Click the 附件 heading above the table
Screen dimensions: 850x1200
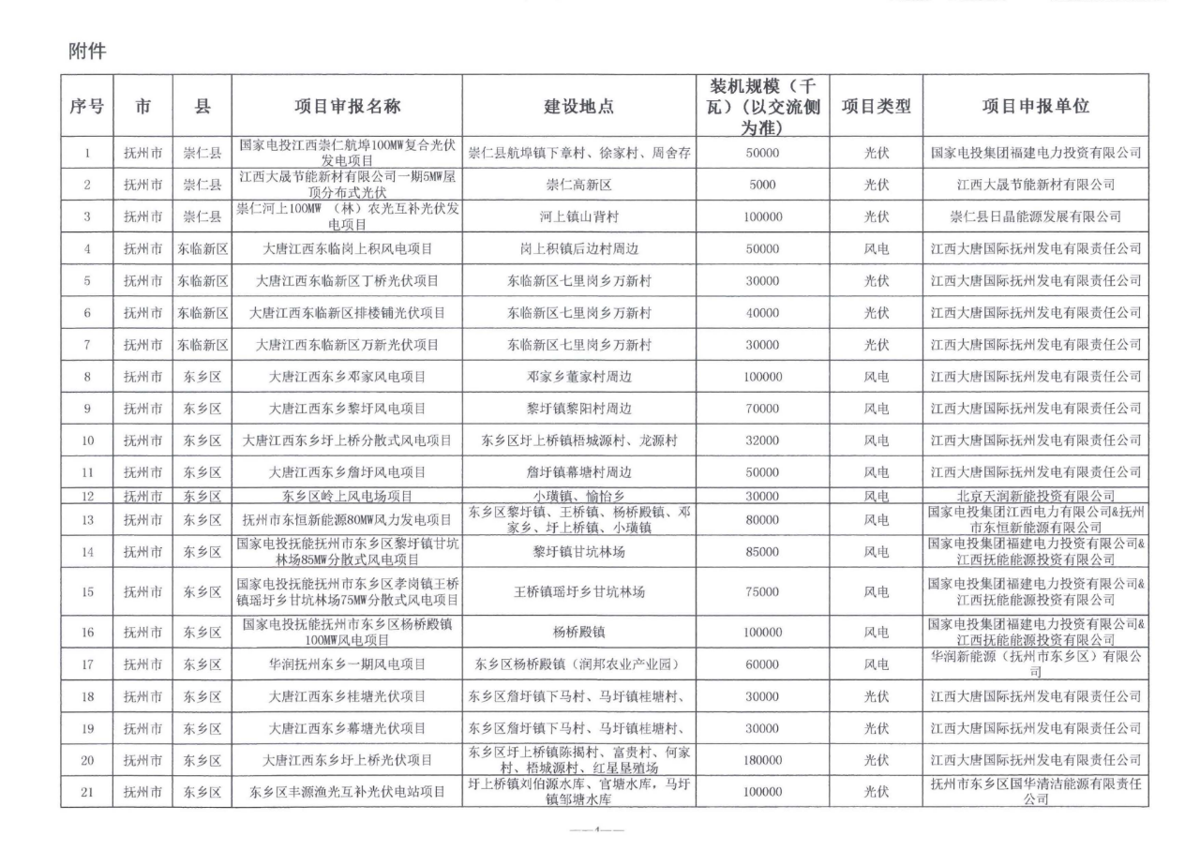(x=87, y=52)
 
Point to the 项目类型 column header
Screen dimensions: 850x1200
(x=875, y=107)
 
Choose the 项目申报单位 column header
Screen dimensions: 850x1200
(x=1035, y=107)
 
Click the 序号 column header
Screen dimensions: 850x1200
(x=86, y=107)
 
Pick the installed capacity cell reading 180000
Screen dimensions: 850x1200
(x=762, y=760)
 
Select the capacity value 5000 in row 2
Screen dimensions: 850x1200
(x=762, y=185)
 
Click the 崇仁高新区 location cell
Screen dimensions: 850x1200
(x=579, y=185)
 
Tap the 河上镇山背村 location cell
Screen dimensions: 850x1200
(x=579, y=216)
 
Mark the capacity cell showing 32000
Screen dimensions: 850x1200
(x=762, y=440)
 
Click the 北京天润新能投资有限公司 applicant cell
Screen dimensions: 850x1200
(x=1035, y=496)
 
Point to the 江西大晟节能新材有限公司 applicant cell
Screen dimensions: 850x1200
(x=1035, y=185)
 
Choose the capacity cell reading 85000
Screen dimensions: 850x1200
(x=762, y=552)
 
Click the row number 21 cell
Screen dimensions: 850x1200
(x=86, y=793)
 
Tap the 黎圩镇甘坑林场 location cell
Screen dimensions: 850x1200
(x=579, y=552)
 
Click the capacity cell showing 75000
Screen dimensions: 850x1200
(x=762, y=592)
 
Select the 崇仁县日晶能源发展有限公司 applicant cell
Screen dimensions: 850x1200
(x=1035, y=216)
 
